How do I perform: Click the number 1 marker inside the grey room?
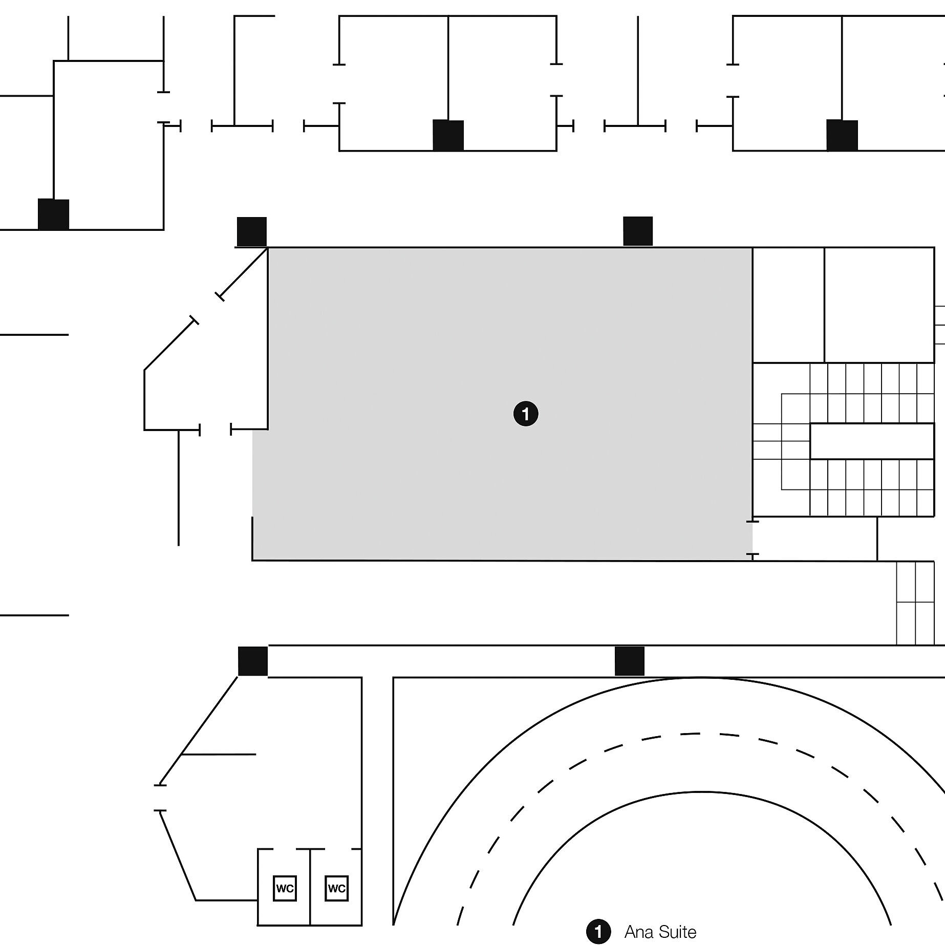526,414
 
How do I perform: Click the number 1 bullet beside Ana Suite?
598,932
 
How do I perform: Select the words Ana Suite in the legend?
660,932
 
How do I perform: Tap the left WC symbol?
285,888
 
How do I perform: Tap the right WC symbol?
336,888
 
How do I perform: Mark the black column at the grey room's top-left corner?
251,231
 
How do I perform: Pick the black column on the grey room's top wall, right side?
638,231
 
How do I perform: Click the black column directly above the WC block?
253,661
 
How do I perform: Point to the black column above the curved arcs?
629,661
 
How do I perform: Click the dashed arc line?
699,734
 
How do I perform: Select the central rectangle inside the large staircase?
871,441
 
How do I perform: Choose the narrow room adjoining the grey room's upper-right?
788,305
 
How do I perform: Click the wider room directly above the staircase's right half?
879,305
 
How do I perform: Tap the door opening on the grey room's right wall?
753,538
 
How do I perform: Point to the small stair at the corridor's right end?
915,603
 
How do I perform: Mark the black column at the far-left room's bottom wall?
53,214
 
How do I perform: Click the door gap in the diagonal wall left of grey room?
207,309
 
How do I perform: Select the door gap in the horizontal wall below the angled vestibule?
215,429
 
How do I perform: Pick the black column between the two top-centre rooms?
448,135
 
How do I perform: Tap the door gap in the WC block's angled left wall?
160,798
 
